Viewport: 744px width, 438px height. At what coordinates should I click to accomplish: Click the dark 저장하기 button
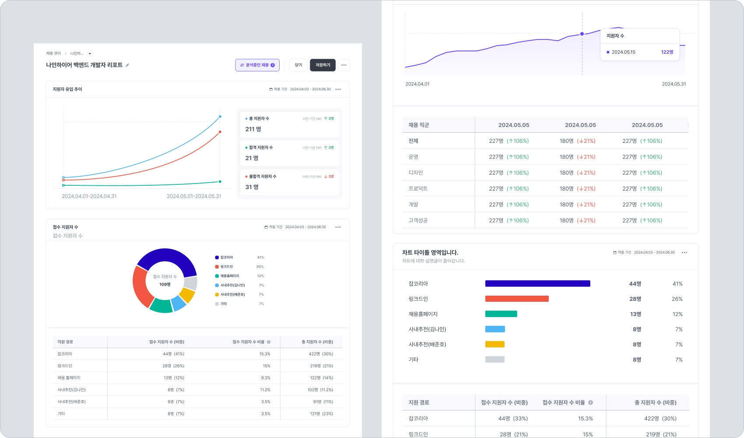323,65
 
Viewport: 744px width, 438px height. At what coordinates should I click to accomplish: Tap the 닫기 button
298,65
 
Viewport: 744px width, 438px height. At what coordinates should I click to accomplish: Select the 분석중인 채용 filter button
257,65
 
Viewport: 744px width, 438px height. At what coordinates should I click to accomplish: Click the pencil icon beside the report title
127,65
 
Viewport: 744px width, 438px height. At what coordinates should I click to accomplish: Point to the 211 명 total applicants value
253,129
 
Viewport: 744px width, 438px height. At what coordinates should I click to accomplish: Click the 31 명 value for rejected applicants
252,187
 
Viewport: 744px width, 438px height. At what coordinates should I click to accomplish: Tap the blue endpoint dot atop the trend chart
220,117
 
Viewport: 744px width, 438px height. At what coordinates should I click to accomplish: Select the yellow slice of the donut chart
187,295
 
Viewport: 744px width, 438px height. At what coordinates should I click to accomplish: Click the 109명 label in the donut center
165,285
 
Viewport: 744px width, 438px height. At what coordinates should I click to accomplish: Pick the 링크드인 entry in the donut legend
226,267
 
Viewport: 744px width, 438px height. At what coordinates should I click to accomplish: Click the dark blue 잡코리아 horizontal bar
537,284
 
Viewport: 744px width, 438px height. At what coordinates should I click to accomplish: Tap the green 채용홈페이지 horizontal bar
501,314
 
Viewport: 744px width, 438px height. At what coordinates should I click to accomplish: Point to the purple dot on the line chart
582,34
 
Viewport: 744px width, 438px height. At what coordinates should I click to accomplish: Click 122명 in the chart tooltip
667,52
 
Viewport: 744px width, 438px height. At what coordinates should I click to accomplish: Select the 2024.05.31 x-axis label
674,84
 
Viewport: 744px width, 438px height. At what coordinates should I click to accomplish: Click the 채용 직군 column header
418,125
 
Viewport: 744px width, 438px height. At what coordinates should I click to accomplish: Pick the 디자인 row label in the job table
416,173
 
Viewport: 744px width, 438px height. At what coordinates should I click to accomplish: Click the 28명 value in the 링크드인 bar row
635,299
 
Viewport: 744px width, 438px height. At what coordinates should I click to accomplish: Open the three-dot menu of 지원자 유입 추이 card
338,89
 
